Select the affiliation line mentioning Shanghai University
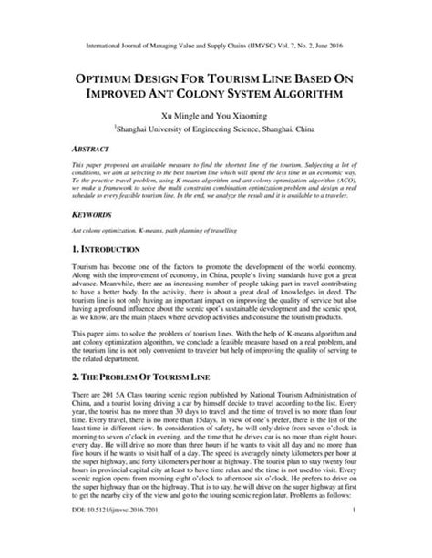216,129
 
